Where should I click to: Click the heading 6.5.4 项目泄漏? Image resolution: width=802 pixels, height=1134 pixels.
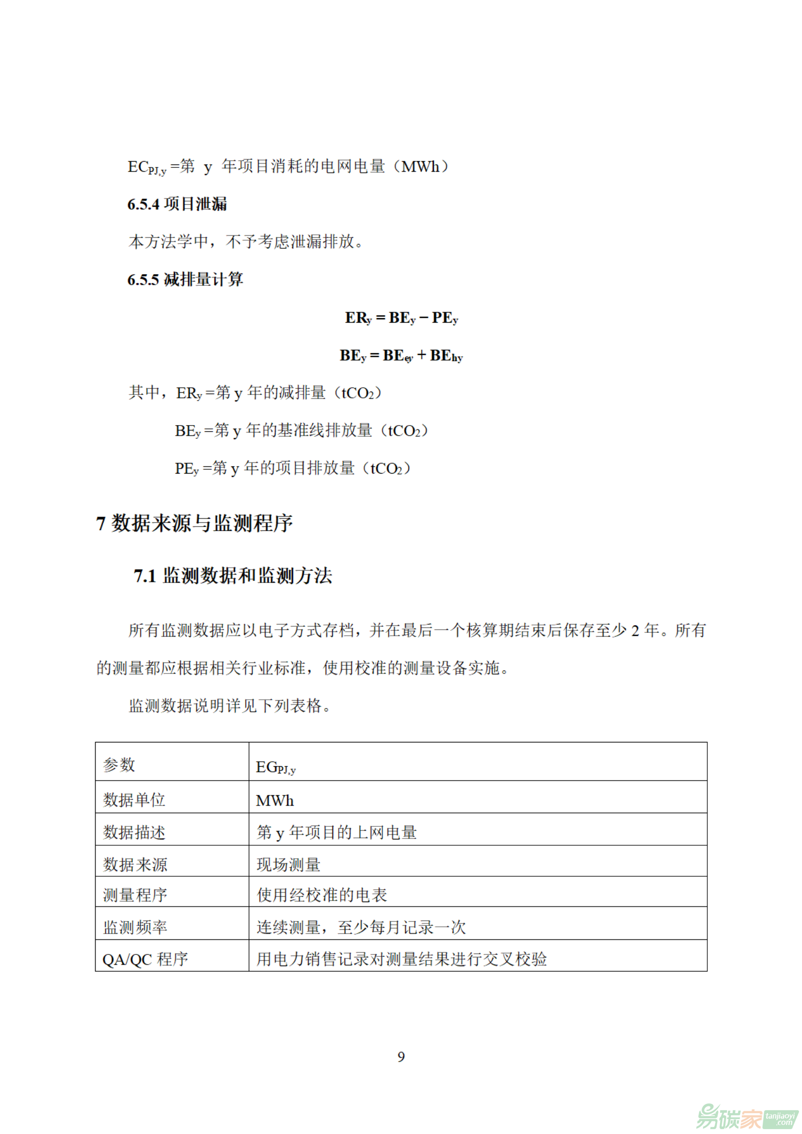click(x=177, y=204)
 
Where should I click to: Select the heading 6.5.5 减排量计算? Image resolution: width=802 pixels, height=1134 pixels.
click(x=185, y=279)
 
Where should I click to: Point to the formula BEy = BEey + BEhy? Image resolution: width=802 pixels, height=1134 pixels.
click(x=401, y=356)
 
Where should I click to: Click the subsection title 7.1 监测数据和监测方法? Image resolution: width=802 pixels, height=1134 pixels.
click(x=232, y=576)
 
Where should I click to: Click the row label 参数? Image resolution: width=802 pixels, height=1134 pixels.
click(x=119, y=765)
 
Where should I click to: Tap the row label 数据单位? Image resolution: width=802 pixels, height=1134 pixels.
click(x=134, y=800)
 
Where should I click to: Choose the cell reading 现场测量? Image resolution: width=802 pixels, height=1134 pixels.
click(x=288, y=865)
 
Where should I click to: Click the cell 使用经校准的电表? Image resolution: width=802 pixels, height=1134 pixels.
click(x=322, y=895)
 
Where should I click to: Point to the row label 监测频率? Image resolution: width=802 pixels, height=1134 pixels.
click(x=135, y=927)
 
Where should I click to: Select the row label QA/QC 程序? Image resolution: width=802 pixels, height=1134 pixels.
click(x=145, y=959)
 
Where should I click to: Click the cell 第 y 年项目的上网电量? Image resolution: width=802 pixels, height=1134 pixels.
click(x=336, y=832)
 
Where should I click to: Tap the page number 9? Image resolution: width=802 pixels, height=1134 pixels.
click(x=401, y=1056)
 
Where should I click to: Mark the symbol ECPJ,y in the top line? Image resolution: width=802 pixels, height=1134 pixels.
click(x=147, y=167)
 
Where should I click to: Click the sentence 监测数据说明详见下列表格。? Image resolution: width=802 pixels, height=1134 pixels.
click(x=229, y=706)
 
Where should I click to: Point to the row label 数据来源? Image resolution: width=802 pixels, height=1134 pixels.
click(x=135, y=865)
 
